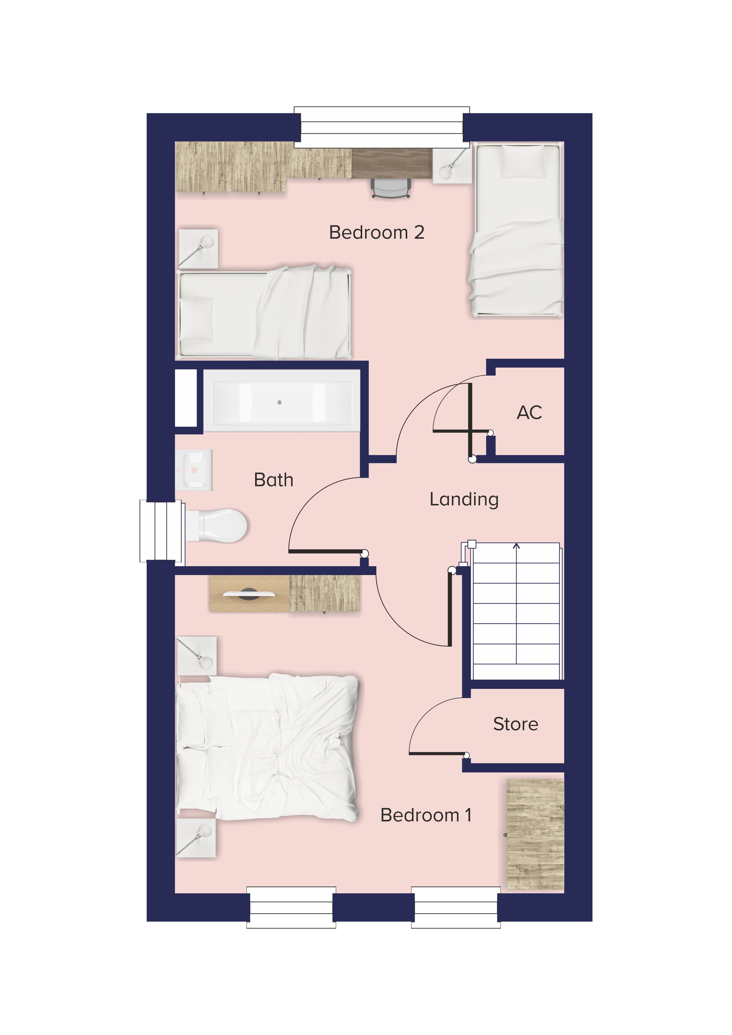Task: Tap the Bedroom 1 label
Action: [426, 815]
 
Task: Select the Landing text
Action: [464, 500]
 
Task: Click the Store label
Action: [516, 724]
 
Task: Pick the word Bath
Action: [274, 480]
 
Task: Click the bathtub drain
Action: [280, 402]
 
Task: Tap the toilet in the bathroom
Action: [216, 526]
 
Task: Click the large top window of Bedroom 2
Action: [382, 127]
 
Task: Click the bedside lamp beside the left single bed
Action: [198, 249]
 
